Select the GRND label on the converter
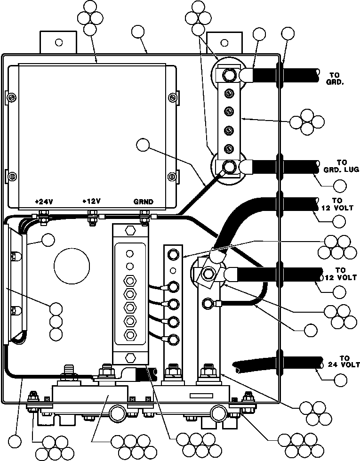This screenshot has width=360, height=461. click(143, 201)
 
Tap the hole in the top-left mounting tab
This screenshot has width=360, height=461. click(58, 42)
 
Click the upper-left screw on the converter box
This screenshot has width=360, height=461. click(13, 98)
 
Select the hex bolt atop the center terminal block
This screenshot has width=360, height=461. click(130, 231)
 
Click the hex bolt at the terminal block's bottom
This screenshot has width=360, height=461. click(130, 356)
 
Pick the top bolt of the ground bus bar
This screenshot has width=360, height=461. click(229, 75)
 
